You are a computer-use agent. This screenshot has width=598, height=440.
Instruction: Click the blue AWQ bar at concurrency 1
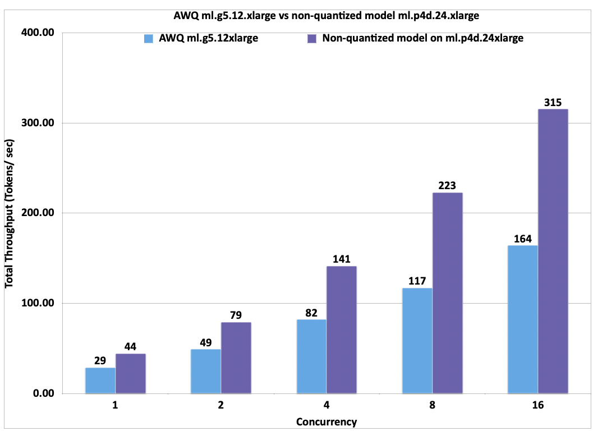(100, 381)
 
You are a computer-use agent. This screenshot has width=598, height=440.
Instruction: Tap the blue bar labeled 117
(417, 340)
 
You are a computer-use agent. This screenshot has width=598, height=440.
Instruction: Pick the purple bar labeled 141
(342, 329)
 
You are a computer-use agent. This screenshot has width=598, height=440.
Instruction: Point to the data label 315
(553, 102)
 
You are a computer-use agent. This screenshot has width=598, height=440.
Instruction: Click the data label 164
(522, 239)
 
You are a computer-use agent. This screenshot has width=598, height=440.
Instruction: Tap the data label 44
(131, 347)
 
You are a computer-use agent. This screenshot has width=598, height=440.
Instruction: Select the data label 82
(311, 313)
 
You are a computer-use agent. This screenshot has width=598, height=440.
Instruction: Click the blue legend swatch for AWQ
(149, 39)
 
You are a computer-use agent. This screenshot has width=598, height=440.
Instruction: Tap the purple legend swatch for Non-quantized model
(312, 39)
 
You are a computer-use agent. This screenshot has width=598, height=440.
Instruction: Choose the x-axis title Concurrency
(326, 422)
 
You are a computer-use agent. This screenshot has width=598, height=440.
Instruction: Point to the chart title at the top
(326, 16)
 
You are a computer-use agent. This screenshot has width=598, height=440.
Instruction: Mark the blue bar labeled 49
(206, 371)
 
